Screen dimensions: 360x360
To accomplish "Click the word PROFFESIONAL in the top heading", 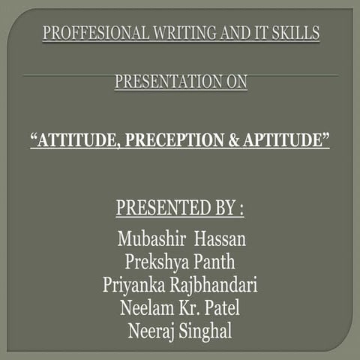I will tap(85, 33).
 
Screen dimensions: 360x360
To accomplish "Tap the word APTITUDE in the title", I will tap(286, 140).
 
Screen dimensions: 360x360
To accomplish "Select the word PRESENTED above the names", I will tap(155, 208).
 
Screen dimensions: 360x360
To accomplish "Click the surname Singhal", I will tap(211, 331).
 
